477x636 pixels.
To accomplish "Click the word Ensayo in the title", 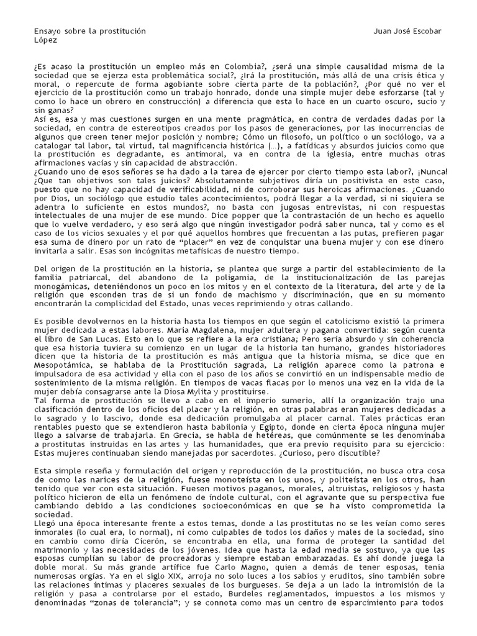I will [x=44, y=31].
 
